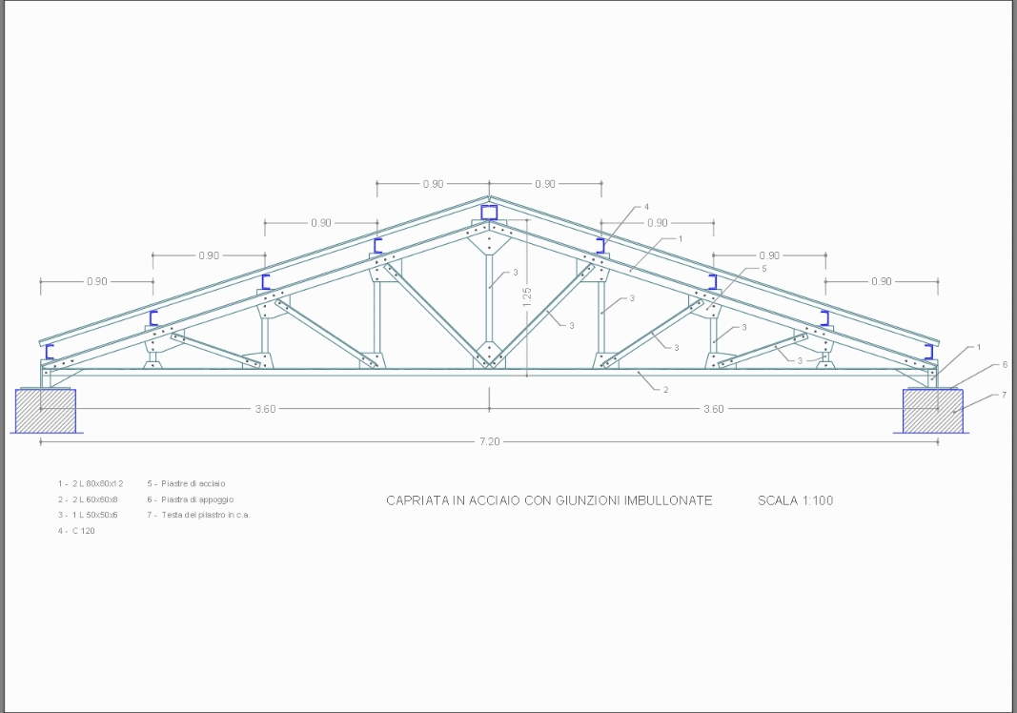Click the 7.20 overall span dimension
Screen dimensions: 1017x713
(489, 442)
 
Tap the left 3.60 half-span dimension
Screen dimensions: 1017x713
(265, 409)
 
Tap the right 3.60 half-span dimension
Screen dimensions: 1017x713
(713, 409)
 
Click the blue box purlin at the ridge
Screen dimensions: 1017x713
(489, 212)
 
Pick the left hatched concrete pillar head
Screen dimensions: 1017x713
(45, 411)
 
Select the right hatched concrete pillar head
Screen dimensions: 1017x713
(932, 411)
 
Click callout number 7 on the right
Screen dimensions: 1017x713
(1004, 394)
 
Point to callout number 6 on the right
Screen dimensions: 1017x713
(1004, 365)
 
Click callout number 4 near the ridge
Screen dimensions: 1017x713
(646, 207)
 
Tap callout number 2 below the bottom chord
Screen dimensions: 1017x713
(664, 390)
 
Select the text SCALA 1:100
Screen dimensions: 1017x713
(795, 500)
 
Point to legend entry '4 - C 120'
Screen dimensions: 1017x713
(76, 531)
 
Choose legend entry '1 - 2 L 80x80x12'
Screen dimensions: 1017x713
(90, 484)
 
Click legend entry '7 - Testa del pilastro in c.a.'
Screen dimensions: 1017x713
(198, 515)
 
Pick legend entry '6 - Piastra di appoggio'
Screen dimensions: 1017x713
(190, 499)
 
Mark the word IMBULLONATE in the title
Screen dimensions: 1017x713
(667, 500)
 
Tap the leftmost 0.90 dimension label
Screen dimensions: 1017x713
(97, 282)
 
